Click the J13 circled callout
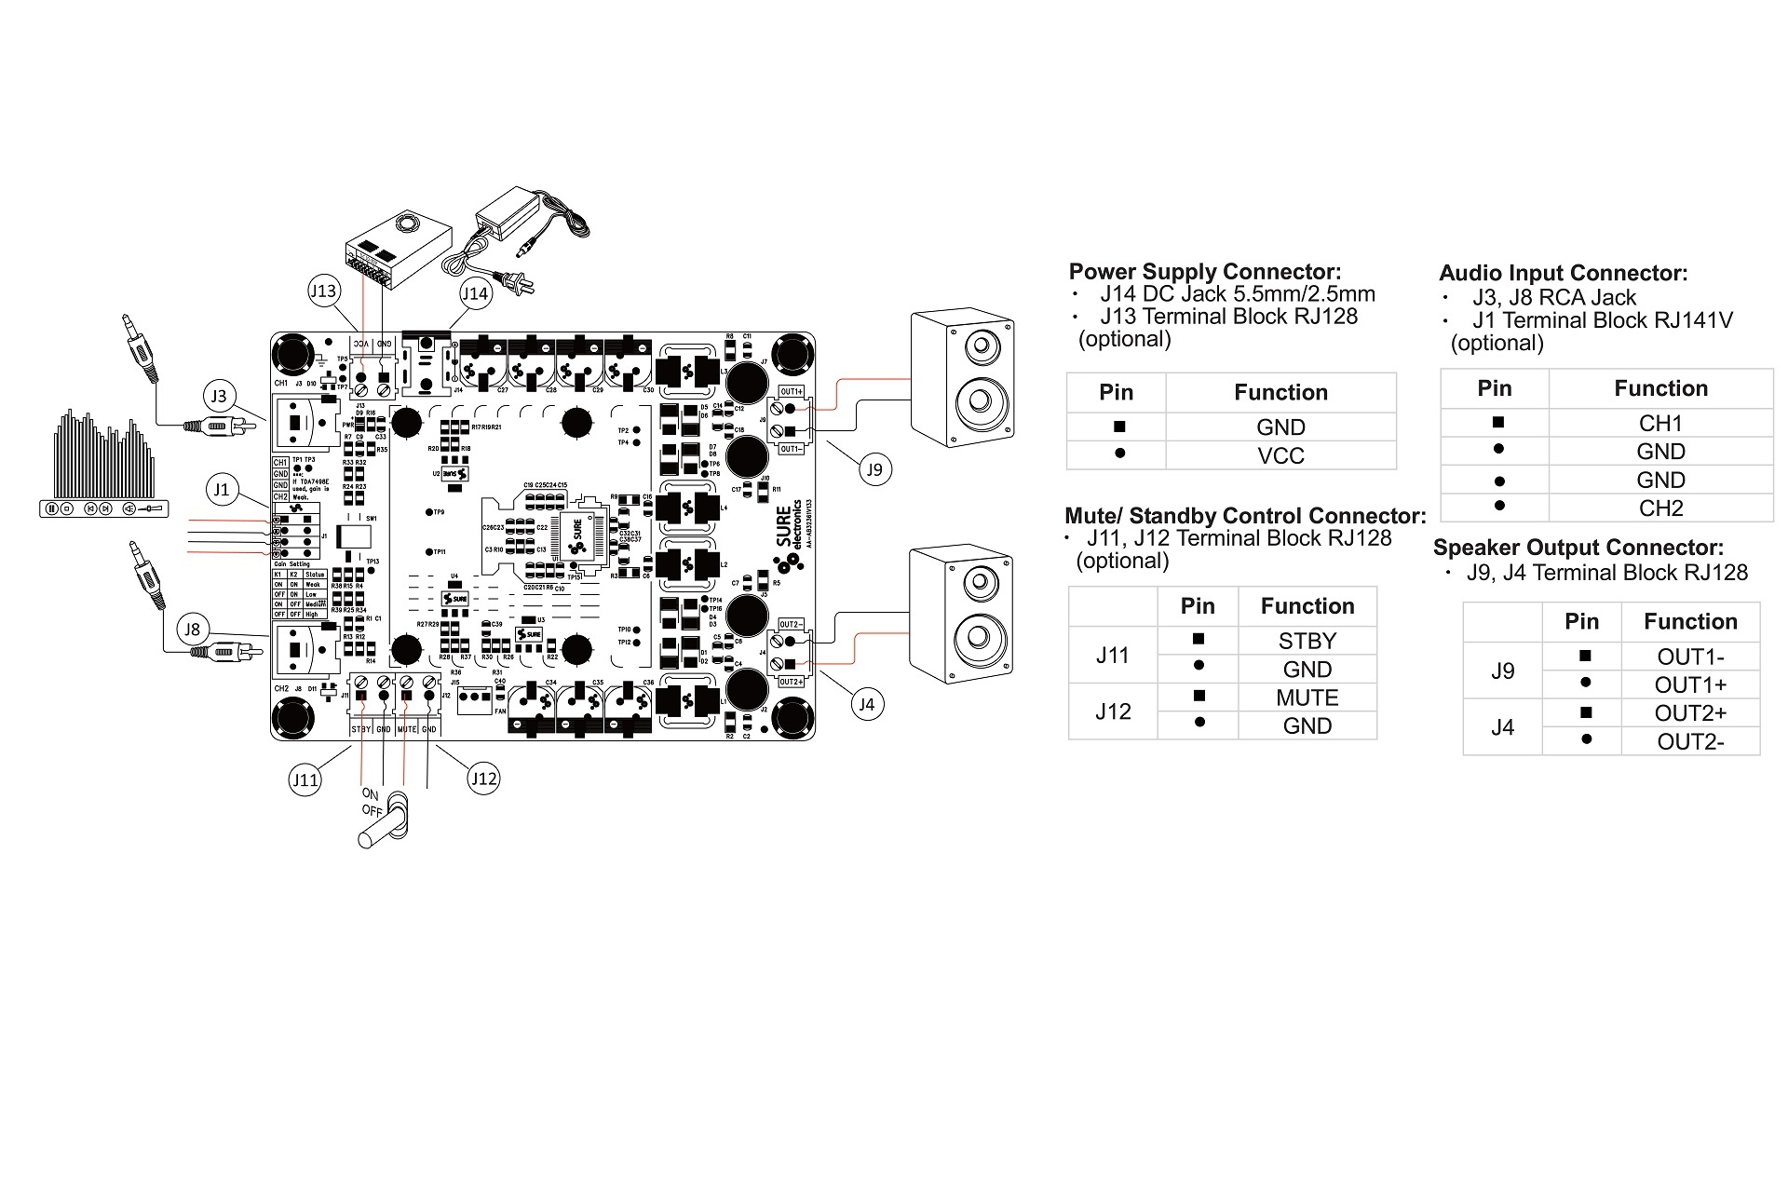(322, 291)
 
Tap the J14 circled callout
(475, 293)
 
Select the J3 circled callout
(218, 396)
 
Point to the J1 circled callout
(221, 489)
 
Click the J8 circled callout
(192, 629)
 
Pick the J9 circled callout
(874, 469)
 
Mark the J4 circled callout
(866, 704)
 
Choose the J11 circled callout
(305, 779)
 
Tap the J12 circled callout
(483, 779)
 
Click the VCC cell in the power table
(1280, 455)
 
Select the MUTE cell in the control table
(1307, 698)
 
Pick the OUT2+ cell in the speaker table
(1689, 713)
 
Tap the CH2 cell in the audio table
(1660, 508)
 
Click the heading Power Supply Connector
(1204, 271)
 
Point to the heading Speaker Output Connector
(1578, 548)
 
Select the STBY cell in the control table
(1307, 641)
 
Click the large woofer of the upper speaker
(979, 401)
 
